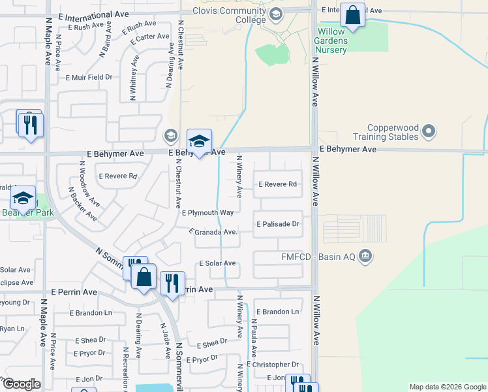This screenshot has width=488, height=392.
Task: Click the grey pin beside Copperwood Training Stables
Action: pos(429,132)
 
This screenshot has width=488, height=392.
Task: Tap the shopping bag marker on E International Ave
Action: pos(352,16)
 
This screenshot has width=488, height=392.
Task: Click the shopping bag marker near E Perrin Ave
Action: pos(144,276)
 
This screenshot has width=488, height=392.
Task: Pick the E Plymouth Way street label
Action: pos(207,213)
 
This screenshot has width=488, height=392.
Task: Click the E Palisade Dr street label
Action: pos(277,223)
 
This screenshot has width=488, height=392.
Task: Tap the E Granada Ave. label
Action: pos(212,232)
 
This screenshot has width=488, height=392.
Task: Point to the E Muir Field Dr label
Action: pos(89,77)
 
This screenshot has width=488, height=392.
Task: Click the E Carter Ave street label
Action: pos(149,38)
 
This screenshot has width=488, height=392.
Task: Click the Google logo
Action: pos(21,384)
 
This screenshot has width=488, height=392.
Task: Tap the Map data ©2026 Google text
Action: pos(447,387)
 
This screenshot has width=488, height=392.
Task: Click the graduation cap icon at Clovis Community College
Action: pos(276,14)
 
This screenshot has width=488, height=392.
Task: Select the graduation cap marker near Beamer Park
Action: pos(23,197)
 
